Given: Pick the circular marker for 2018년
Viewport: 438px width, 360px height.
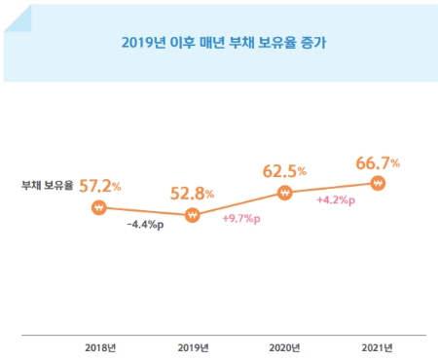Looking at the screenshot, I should pos(98,207).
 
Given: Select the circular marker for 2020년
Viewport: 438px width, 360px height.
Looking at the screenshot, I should pos(285,193).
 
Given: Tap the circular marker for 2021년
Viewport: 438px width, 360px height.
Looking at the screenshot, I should pos(379,183).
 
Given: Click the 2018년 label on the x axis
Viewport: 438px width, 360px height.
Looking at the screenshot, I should pos(99,347).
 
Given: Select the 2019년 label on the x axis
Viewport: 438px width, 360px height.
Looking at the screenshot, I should pos(193,347).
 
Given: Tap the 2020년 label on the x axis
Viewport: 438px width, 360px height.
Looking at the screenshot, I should pos(285,347).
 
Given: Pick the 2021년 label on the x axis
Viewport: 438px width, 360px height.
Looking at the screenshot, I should pos(379,347).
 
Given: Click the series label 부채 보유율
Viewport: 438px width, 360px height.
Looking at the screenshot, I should pos(48,185).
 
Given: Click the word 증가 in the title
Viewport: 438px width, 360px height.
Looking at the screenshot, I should pos(327,43).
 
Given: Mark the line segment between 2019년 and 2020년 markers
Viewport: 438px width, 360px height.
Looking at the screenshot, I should pos(238,204).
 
